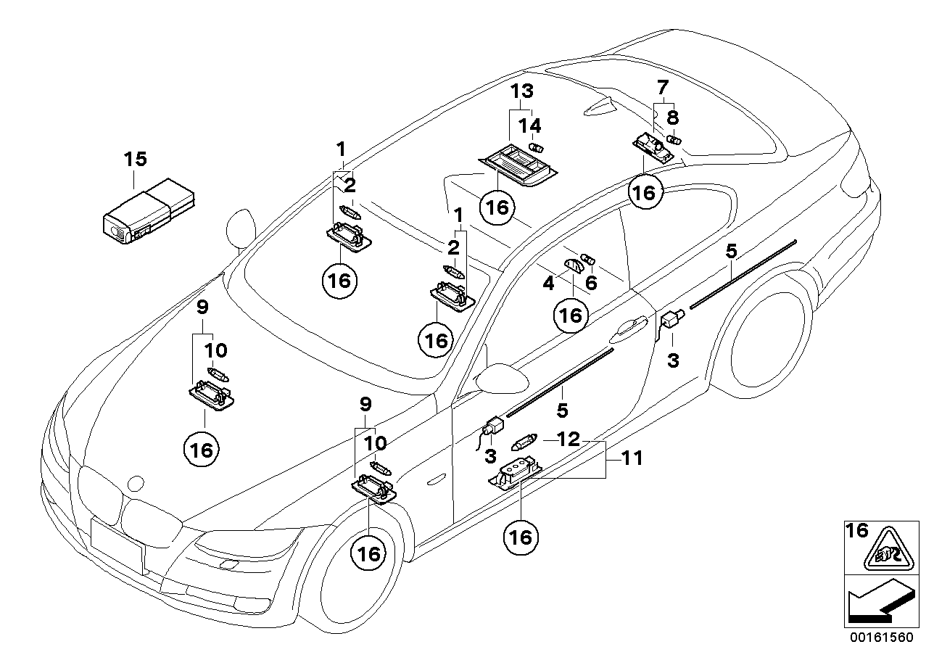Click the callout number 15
136,158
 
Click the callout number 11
632,458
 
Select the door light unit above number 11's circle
516,473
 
